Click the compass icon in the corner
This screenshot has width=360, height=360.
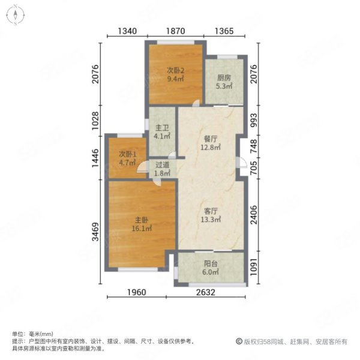click(x=15, y=15)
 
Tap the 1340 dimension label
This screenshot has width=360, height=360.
click(x=127, y=31)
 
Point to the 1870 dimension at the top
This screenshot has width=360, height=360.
click(x=175, y=31)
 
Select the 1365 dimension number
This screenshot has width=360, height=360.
click(x=224, y=31)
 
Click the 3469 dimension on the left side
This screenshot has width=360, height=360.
click(x=95, y=232)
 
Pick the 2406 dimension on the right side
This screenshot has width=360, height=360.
click(x=254, y=215)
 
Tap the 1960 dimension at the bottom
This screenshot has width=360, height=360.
click(x=137, y=292)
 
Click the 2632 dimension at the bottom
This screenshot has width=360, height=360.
click(x=206, y=292)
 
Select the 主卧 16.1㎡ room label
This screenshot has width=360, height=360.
click(x=142, y=224)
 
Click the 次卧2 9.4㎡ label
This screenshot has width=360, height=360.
click(x=175, y=75)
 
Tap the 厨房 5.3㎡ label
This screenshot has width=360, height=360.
click(x=224, y=82)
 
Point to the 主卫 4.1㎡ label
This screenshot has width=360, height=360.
click(x=162, y=132)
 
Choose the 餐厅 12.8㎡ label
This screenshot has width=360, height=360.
click(x=211, y=143)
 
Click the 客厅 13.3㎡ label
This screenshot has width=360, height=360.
click(x=211, y=215)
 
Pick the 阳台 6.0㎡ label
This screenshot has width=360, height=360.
click(x=211, y=268)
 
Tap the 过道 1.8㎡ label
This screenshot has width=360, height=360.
click(x=163, y=169)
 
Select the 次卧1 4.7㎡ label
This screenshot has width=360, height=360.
click(x=127, y=158)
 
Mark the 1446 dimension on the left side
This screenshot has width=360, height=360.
click(x=95, y=158)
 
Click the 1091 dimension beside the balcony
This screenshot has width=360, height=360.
click(x=254, y=268)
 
